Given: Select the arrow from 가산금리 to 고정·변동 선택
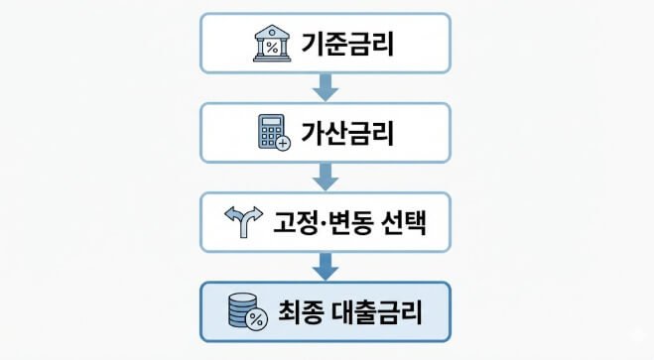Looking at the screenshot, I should point(326,176).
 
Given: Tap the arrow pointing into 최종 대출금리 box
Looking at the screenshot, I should point(326,265).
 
